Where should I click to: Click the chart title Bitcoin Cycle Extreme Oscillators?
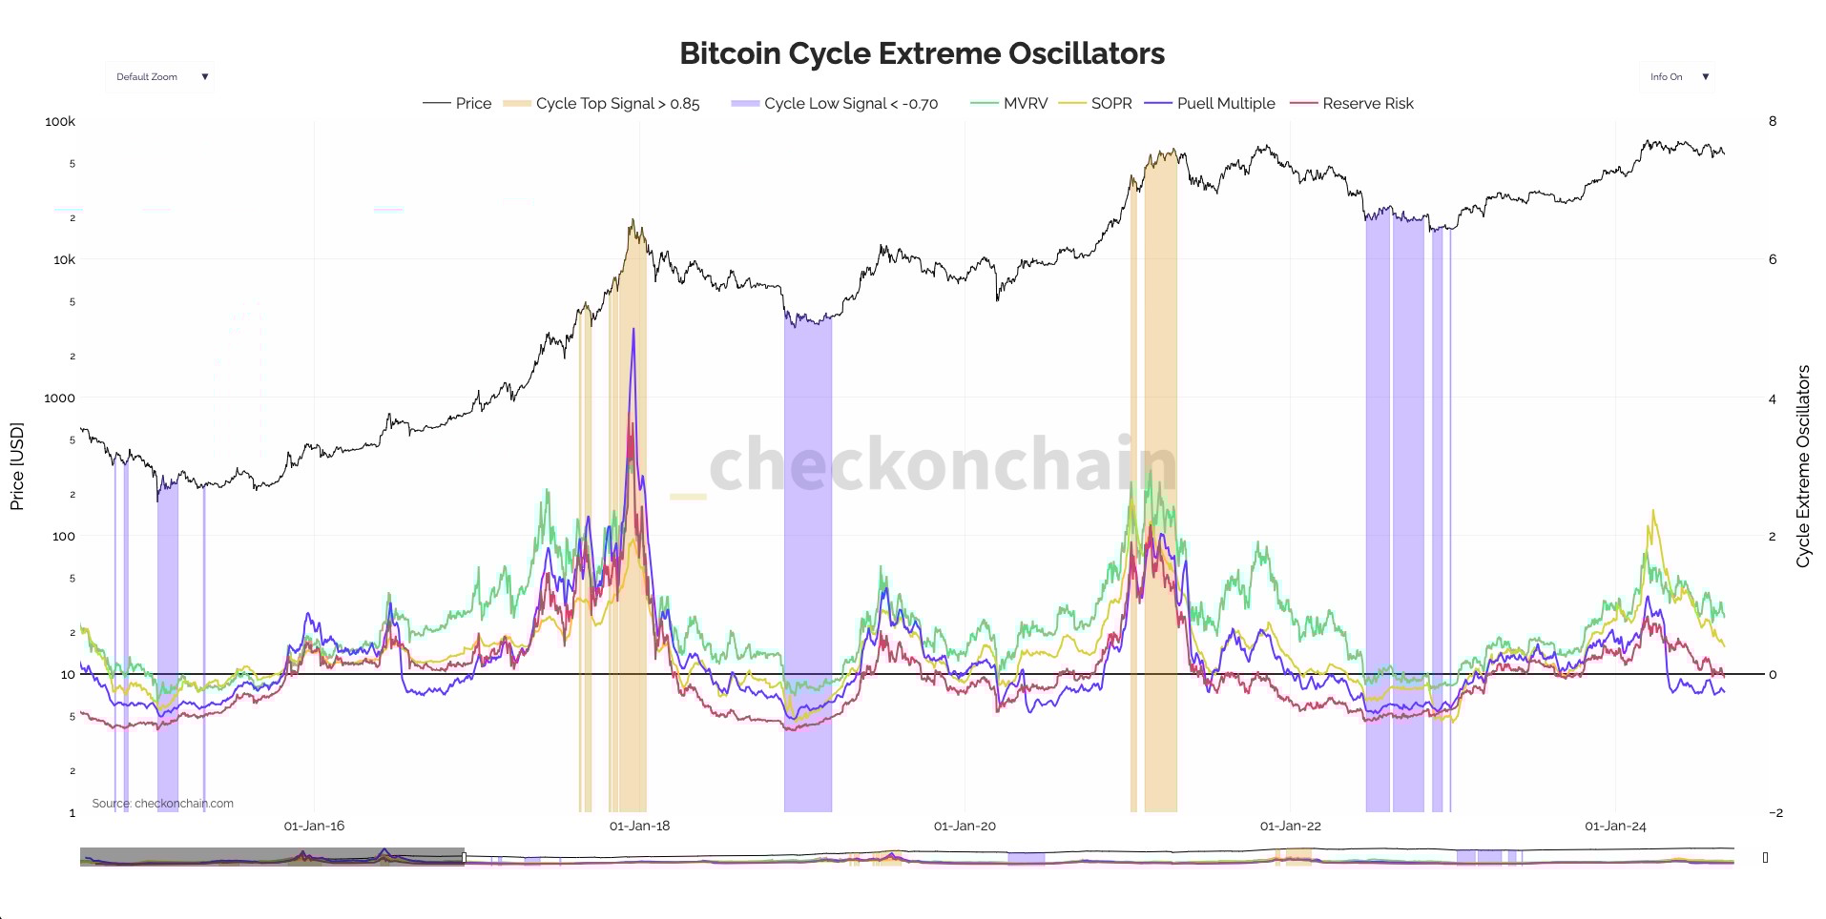pyautogui.click(x=922, y=53)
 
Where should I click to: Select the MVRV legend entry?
pyautogui.click(x=1025, y=103)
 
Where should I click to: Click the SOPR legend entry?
pyautogui.click(x=1110, y=103)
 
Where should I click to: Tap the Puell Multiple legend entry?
pyautogui.click(x=1225, y=103)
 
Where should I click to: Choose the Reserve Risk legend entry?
pyautogui.click(x=1367, y=103)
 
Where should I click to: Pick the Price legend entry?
pyautogui.click(x=473, y=103)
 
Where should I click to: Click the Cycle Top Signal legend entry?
pyautogui.click(x=616, y=103)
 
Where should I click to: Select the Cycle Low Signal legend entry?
pyautogui.click(x=850, y=103)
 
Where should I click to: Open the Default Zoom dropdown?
pyautogui.click(x=159, y=77)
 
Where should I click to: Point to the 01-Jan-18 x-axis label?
pyautogui.click(x=639, y=826)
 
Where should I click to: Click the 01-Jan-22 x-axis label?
pyautogui.click(x=1290, y=826)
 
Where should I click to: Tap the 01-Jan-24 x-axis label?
pyautogui.click(x=1615, y=826)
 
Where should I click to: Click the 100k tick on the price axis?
pyautogui.click(x=60, y=121)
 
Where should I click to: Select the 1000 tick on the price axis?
pyautogui.click(x=59, y=398)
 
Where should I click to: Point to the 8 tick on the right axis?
pyautogui.click(x=1773, y=121)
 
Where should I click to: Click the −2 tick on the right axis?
pyautogui.click(x=1774, y=812)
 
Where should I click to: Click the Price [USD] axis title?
pyautogui.click(x=16, y=466)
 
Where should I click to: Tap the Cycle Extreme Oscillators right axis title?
pyautogui.click(x=1803, y=466)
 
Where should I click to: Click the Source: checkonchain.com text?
pyautogui.click(x=162, y=803)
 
